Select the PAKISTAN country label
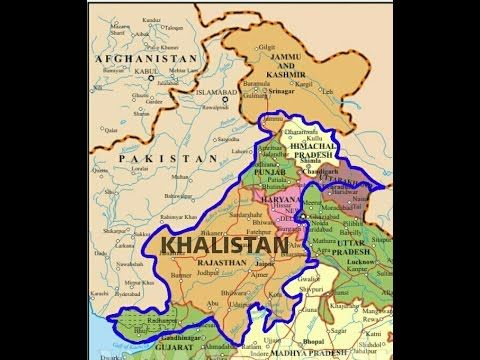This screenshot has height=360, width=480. [162, 159]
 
